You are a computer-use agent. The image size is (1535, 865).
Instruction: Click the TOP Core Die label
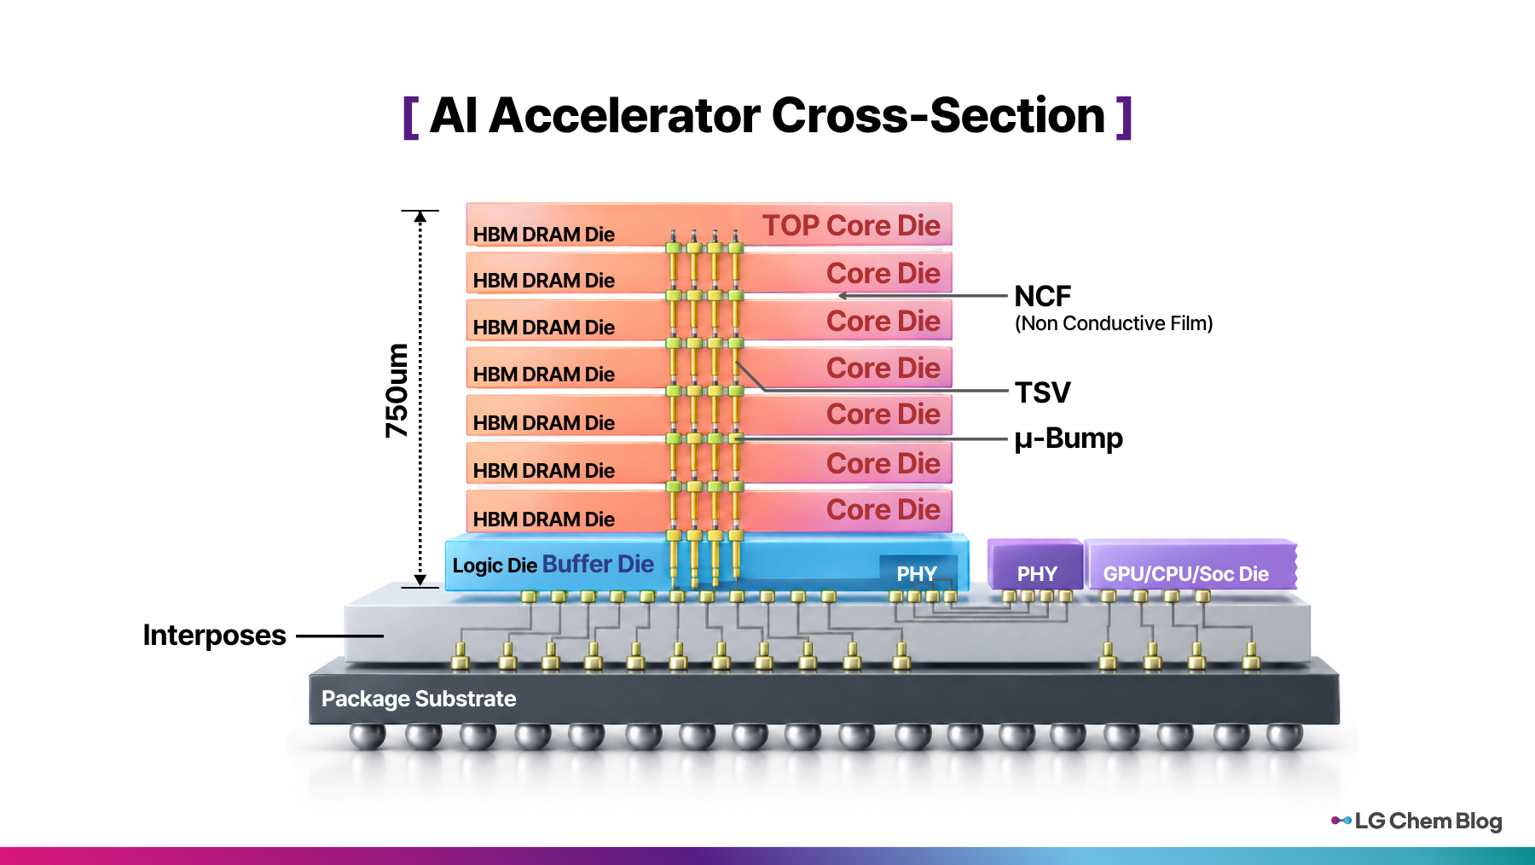[851, 225]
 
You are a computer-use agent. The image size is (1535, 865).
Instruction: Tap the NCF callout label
[1042, 296]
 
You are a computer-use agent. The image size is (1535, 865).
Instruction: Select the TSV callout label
[1042, 392]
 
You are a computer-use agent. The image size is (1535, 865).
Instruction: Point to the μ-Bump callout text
[1069, 438]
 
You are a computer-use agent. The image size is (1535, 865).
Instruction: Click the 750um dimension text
[397, 391]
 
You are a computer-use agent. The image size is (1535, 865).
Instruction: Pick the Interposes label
[215, 636]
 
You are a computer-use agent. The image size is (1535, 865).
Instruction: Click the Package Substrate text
[419, 699]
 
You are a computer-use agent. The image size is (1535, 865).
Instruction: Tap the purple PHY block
[1035, 565]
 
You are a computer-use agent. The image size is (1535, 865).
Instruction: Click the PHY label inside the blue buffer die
[917, 574]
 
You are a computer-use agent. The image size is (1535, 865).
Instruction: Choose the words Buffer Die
[598, 564]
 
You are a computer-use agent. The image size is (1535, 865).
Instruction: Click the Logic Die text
[495, 566]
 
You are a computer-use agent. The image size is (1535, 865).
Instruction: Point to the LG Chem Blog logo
[1416, 821]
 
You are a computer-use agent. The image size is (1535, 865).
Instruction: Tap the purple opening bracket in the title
[410, 117]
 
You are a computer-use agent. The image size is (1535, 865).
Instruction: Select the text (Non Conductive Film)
[1114, 324]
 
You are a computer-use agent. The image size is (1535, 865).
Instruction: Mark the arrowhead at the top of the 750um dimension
[420, 217]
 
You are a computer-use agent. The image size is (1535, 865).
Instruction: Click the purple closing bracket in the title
[1124, 117]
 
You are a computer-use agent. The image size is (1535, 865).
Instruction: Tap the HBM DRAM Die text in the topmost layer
[544, 235]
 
